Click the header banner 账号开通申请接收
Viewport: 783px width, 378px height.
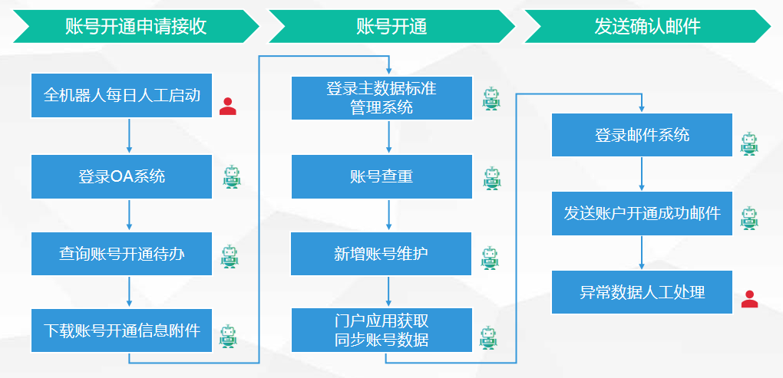pyautogui.click(x=136, y=27)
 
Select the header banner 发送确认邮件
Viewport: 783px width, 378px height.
pyautogui.click(x=647, y=27)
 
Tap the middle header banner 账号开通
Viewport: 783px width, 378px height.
pyautogui.click(x=391, y=27)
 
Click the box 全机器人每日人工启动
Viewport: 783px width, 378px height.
pyautogui.click(x=121, y=96)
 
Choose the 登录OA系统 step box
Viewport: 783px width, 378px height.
pyautogui.click(x=121, y=177)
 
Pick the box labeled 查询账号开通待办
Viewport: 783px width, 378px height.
pyautogui.click(x=121, y=254)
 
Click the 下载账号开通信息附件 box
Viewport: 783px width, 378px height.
pyautogui.click(x=121, y=330)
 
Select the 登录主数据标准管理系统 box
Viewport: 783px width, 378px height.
pyautogui.click(x=382, y=97)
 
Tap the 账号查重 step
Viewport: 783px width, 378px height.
pyautogui.click(x=382, y=177)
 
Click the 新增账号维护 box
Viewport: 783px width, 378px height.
pyautogui.click(x=382, y=254)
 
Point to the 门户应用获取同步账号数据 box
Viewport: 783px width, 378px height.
pyautogui.click(x=382, y=330)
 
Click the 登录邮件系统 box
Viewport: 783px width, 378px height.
pyautogui.click(x=642, y=136)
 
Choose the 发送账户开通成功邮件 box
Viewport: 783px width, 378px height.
pyautogui.click(x=642, y=213)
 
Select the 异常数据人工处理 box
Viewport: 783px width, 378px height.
pyautogui.click(x=642, y=292)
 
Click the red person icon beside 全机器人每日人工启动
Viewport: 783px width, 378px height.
pyautogui.click(x=227, y=106)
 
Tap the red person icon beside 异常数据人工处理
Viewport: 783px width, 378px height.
pyautogui.click(x=749, y=299)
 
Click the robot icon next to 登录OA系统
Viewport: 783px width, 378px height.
pyautogui.click(x=231, y=177)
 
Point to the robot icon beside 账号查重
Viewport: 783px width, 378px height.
pyautogui.click(x=491, y=178)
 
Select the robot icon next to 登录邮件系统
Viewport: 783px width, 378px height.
pyautogui.click(x=748, y=143)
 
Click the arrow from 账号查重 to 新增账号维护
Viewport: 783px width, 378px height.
pyautogui.click(x=389, y=215)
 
